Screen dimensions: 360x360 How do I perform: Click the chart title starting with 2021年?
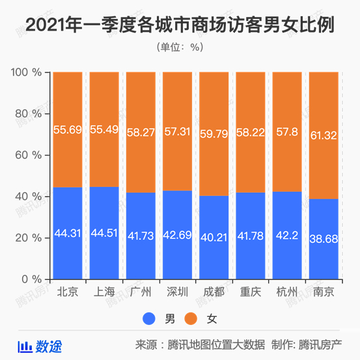coord(180,25)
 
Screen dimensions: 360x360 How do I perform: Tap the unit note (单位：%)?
coord(180,47)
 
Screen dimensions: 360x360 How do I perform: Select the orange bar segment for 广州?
coord(141,98)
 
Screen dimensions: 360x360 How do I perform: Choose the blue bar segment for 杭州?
coord(286,254)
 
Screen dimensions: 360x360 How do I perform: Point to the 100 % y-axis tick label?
coord(25,72)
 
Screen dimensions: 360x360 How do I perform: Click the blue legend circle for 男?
coord(150,319)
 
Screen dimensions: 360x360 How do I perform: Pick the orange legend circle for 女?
coord(191,319)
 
